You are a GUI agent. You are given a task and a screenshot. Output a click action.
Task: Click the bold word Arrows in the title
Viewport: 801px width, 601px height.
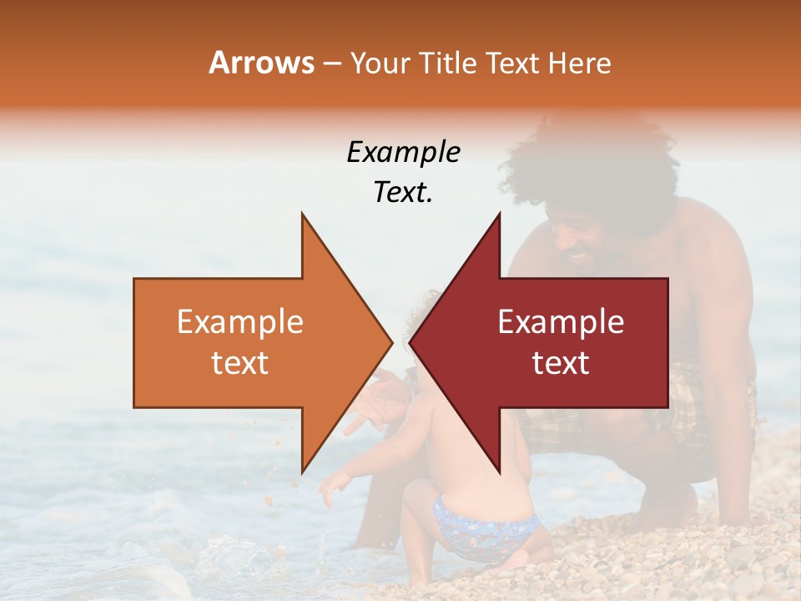click(x=261, y=63)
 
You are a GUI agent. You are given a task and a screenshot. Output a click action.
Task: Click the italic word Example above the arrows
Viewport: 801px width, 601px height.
click(x=403, y=153)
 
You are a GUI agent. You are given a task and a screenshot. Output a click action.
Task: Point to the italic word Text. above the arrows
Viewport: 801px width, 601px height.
click(x=403, y=193)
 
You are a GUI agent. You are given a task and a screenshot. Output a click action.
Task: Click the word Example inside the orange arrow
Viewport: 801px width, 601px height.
click(x=240, y=322)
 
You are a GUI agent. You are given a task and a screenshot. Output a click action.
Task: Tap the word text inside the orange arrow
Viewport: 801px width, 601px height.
click(x=240, y=363)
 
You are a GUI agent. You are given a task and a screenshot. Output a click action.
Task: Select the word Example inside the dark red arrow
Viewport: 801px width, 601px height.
click(x=561, y=322)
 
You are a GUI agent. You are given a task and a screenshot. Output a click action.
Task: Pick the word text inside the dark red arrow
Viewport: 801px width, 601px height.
click(x=561, y=363)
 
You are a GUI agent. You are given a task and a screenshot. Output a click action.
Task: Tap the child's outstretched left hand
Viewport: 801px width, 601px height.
click(x=331, y=488)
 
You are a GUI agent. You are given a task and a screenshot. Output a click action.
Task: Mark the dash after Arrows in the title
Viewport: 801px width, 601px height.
click(x=331, y=63)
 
